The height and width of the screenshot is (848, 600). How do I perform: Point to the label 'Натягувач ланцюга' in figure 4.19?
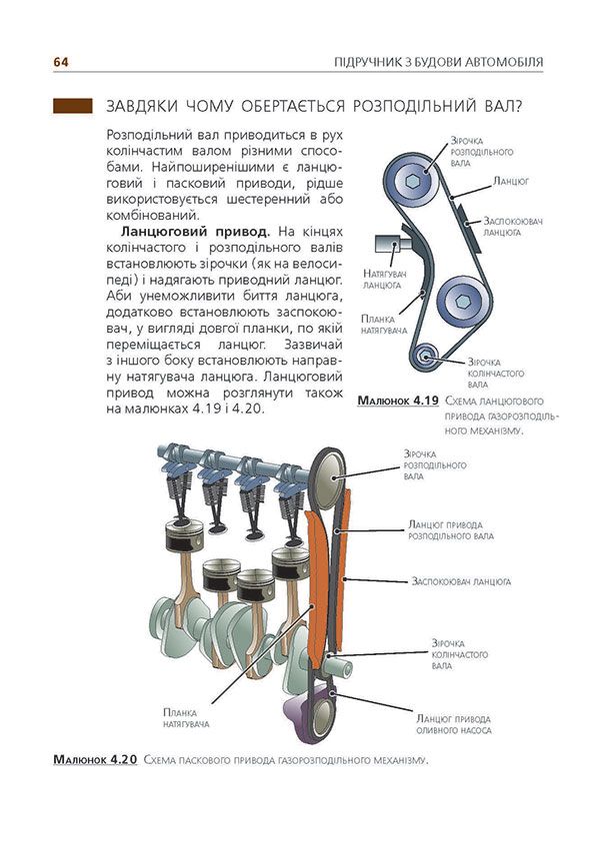tap(382, 278)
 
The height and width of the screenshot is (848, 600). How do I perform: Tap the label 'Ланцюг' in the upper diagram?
tap(511, 183)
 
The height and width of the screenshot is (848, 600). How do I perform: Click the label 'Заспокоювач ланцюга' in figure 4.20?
tap(461, 579)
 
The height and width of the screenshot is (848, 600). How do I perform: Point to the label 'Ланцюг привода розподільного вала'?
tap(451, 528)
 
